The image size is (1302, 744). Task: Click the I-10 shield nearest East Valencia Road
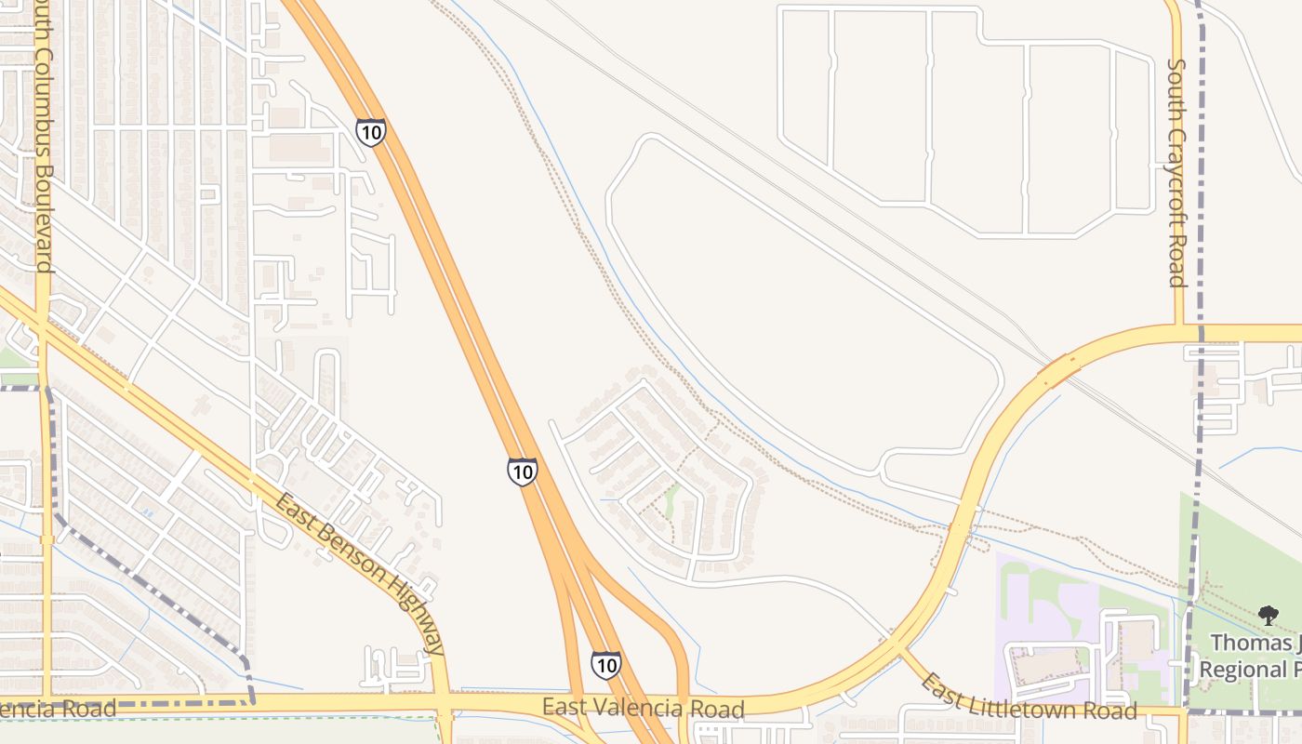click(x=605, y=665)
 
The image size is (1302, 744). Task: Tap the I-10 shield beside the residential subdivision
click(x=522, y=472)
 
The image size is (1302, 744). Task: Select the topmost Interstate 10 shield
click(x=370, y=132)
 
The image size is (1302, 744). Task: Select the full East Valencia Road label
click(x=644, y=709)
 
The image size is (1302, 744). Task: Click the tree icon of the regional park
click(x=1268, y=615)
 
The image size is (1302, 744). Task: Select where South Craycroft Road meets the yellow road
click(x=1177, y=332)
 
